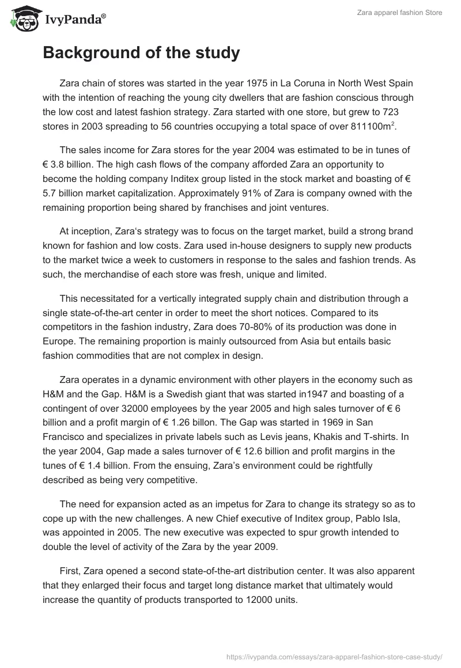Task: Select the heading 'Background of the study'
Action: point(141,53)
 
